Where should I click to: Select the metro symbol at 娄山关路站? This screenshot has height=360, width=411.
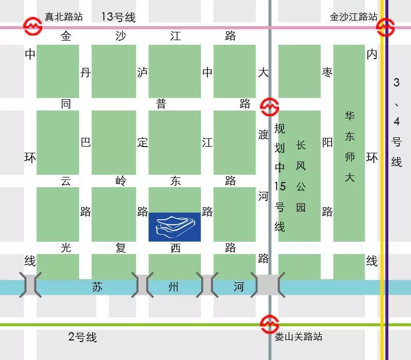coord(269,324)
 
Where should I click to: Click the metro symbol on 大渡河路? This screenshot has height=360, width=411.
coord(269,107)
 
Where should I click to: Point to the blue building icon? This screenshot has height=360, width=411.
coord(175,227)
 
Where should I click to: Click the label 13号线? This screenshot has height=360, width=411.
coord(118,17)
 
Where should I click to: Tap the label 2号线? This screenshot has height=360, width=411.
coord(82,337)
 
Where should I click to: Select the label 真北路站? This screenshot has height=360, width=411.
coord(64,17)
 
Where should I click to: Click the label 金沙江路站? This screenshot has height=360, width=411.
coord(353,17)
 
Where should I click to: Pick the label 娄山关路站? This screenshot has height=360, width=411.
coord(298,337)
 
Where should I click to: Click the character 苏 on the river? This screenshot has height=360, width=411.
coord(97,287)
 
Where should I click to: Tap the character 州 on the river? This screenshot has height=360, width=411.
coord(174,287)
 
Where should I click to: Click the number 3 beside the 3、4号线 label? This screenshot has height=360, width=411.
coord(396,82)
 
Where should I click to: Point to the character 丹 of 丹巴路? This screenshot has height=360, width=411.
coord(86,73)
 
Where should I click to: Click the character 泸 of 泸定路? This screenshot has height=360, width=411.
coord(142,73)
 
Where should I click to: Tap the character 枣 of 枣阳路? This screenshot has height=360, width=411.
coord(327,73)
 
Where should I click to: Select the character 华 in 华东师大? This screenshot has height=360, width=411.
coord(350,115)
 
